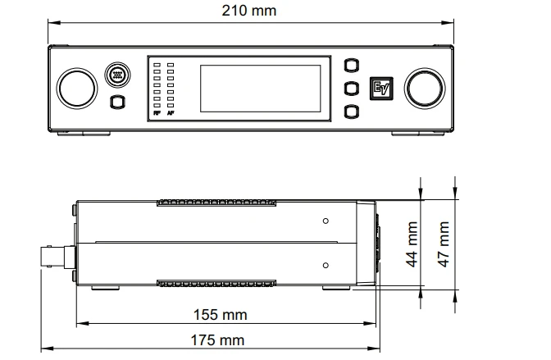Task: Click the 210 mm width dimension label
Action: (248, 11)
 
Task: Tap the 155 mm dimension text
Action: (221, 315)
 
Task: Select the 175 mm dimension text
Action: (217, 340)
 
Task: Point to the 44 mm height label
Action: (412, 244)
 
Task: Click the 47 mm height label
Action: (444, 244)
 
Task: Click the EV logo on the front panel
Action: (381, 89)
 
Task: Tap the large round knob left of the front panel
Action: (77, 89)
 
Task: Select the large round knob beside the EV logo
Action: (425, 89)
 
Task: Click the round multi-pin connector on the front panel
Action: (117, 75)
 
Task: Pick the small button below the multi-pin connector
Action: (118, 102)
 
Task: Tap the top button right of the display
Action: (352, 66)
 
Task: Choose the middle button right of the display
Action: (352, 89)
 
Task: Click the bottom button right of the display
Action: (352, 112)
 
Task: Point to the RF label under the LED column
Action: (157, 113)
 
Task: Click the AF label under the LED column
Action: (171, 113)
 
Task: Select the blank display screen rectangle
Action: (261, 89)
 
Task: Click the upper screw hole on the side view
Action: (326, 221)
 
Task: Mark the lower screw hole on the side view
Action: (326, 265)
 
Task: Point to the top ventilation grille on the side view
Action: (216, 203)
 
